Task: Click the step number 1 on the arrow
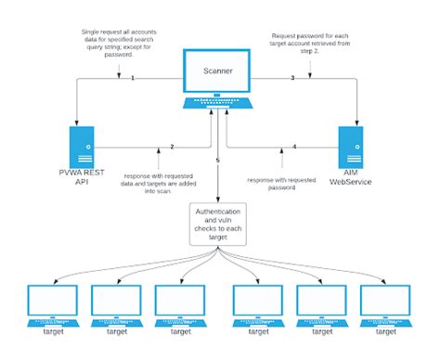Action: pyautogui.click(x=133, y=77)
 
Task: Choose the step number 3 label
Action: pyautogui.click(x=292, y=78)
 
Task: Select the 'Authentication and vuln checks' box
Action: pyautogui.click(x=218, y=225)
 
